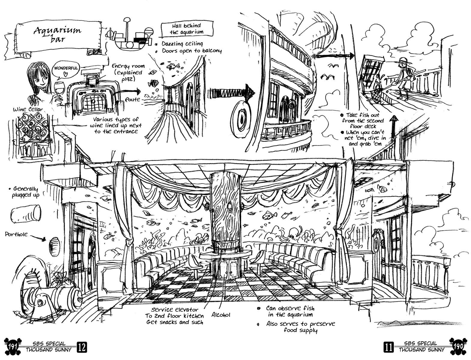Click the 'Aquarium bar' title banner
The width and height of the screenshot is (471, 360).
57,34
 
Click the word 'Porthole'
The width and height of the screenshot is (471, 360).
16,234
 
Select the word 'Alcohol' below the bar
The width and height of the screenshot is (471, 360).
221,315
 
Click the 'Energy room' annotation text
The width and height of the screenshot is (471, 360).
128,66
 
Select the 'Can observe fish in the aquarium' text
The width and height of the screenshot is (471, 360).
290,311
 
